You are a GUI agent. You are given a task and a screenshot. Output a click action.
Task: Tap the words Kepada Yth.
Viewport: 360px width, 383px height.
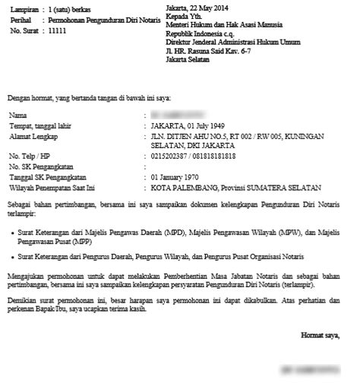point(185,15)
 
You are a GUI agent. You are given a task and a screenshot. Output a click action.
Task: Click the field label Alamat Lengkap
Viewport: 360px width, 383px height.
point(33,135)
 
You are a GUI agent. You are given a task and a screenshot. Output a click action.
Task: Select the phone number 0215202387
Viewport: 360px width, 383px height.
point(172,156)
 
